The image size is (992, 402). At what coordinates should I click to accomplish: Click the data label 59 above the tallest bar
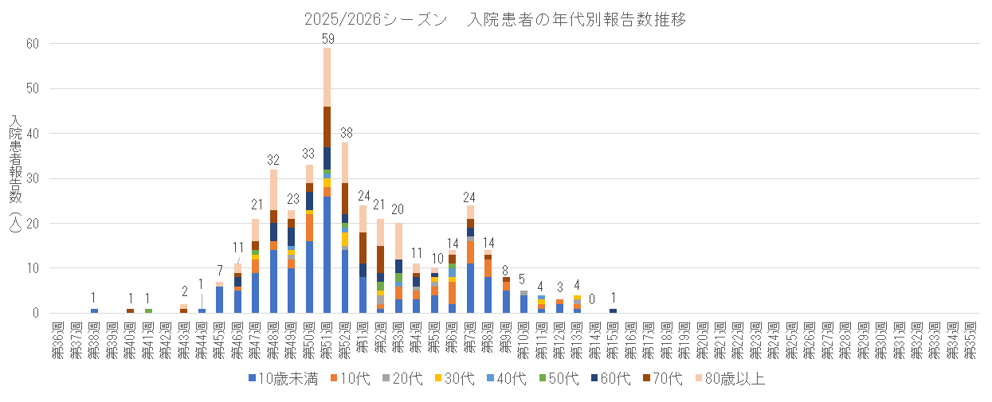tap(327, 37)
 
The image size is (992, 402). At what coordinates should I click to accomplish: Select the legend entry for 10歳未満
tap(283, 379)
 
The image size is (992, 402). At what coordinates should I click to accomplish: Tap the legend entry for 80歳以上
tap(731, 379)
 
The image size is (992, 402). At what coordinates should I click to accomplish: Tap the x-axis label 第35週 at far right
tap(970, 341)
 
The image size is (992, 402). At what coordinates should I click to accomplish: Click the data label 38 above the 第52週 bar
tap(346, 132)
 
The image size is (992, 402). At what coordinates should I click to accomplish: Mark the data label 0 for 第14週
tap(592, 299)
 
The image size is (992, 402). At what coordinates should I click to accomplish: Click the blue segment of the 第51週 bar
tap(327, 255)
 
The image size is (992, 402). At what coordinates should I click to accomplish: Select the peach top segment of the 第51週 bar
tap(327, 76)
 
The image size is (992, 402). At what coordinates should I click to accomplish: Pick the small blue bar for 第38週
tap(95, 310)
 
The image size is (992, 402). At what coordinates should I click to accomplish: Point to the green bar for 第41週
tap(148, 310)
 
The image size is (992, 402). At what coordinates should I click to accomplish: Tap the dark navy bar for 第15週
tap(613, 310)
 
